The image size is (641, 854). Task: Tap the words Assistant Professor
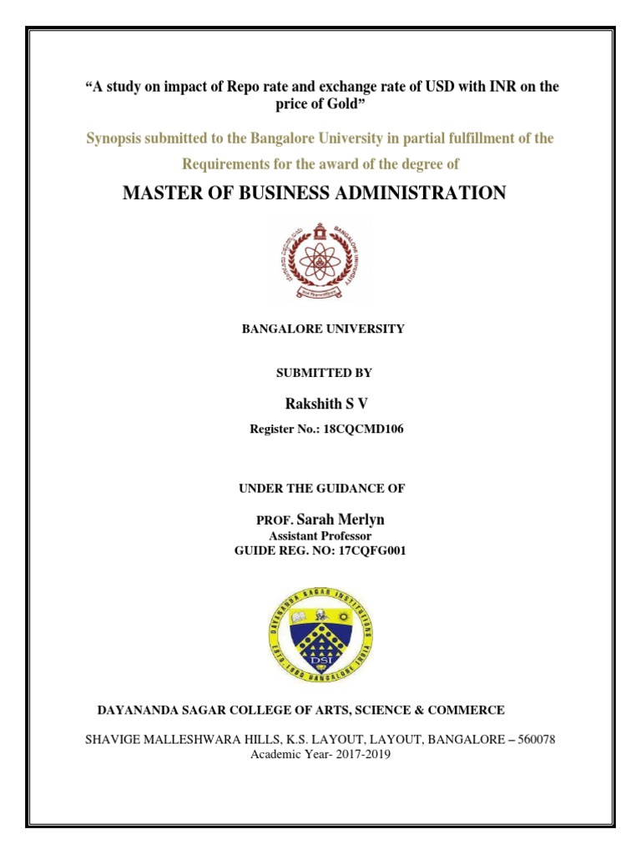tap(320, 536)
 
